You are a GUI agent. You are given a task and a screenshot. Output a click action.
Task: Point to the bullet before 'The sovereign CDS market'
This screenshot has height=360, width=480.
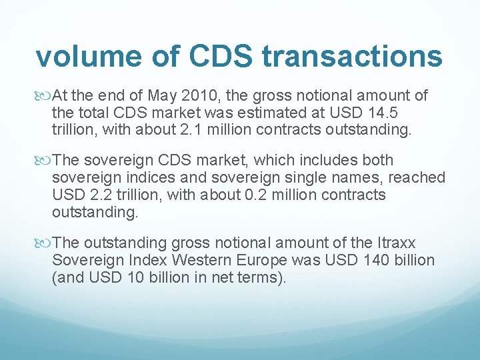pos(45,161)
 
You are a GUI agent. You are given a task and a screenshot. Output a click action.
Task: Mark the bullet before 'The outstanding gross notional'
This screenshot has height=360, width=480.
pos(45,242)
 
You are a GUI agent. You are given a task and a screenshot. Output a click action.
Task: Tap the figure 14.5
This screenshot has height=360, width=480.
pos(406,113)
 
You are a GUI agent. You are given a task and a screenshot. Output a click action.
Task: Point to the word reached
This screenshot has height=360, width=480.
pos(417,177)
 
